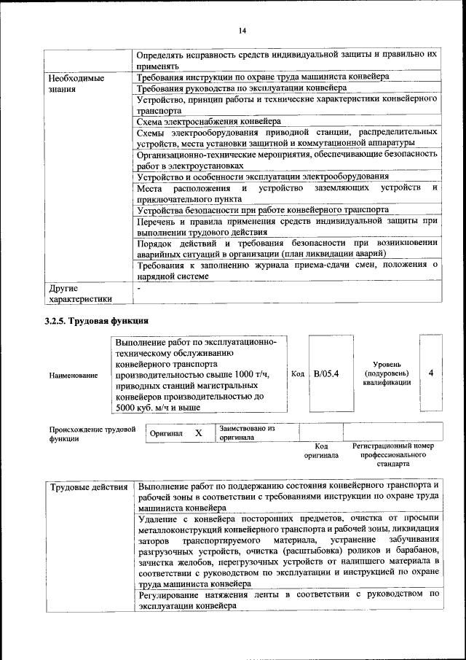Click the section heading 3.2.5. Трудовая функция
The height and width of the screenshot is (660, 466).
click(x=96, y=320)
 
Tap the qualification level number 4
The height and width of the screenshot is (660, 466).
click(x=431, y=373)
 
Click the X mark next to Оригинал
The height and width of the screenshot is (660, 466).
click(x=198, y=433)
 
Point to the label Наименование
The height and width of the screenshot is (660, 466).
click(x=73, y=375)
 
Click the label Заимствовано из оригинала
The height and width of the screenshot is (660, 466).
click(x=247, y=433)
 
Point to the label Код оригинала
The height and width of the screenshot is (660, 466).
click(x=321, y=450)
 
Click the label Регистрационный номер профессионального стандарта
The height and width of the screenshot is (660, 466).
click(x=392, y=454)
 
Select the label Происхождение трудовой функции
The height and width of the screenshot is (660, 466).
click(x=92, y=435)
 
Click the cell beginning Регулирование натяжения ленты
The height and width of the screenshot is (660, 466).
click(x=288, y=600)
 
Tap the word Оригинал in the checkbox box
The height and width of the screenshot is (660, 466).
click(x=166, y=433)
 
